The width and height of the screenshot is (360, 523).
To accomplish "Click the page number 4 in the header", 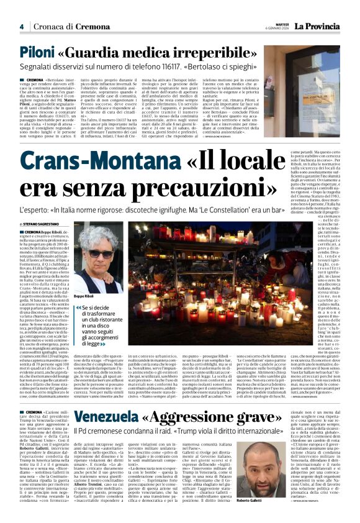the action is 21,27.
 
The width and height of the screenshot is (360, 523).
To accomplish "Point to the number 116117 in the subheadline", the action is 181,66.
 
